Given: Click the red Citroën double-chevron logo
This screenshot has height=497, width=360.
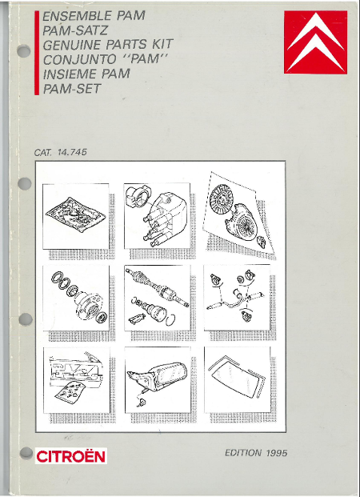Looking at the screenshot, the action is point(315,42).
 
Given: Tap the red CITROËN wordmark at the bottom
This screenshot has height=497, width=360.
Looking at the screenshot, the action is point(70,457).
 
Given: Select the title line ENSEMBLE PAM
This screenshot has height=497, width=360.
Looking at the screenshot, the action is point(94,16).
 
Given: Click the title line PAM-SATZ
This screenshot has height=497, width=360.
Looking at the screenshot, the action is point(75,30).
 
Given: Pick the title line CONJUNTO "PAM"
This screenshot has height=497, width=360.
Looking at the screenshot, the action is point(105,59).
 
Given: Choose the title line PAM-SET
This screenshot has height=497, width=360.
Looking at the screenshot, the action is point(72,89).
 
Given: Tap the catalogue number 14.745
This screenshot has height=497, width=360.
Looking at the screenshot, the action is point(72,152).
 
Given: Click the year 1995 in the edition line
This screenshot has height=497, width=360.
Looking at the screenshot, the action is point(277,453).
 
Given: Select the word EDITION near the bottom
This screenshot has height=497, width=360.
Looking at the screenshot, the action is point(243,453).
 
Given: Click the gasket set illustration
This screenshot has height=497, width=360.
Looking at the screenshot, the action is point(75,214).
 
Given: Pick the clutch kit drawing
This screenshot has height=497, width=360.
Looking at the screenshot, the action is point(238,213).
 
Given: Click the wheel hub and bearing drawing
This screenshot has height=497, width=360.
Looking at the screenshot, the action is point(79,299).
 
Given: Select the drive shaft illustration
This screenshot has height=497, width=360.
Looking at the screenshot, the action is point(158,297).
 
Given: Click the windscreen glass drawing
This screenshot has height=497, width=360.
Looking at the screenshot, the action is point(237,376).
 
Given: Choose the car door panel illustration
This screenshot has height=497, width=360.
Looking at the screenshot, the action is point(75,375).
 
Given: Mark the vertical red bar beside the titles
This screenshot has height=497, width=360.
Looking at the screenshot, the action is point(37,53).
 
